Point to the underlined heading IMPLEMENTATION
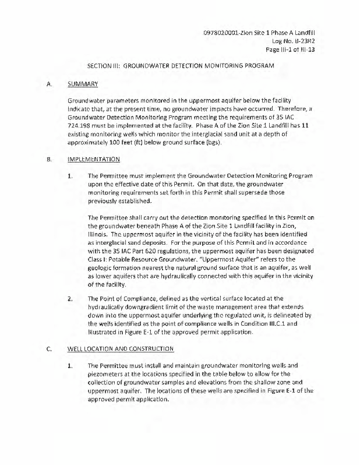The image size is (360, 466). point(94,159)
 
